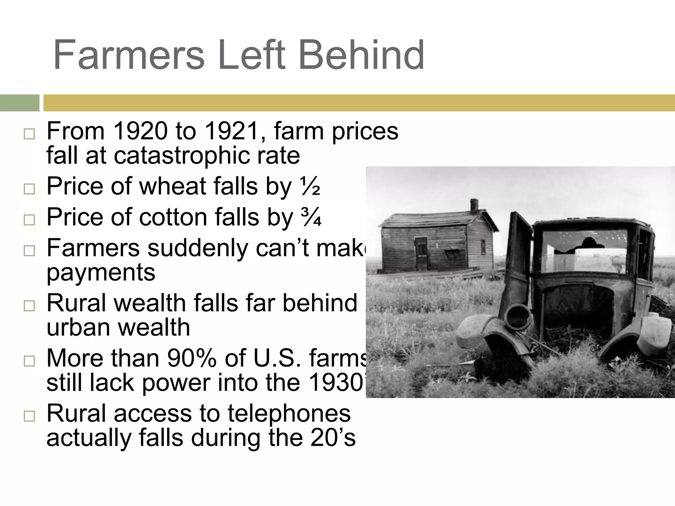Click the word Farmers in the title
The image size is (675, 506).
(129, 55)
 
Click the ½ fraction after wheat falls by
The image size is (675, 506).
(309, 186)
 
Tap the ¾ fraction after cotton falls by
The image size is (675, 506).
(310, 217)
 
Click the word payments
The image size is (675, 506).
(101, 273)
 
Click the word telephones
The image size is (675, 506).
(289, 414)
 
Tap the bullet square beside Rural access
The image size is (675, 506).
(29, 416)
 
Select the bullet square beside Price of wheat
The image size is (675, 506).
(29, 189)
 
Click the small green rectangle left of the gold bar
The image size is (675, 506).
(19, 103)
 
